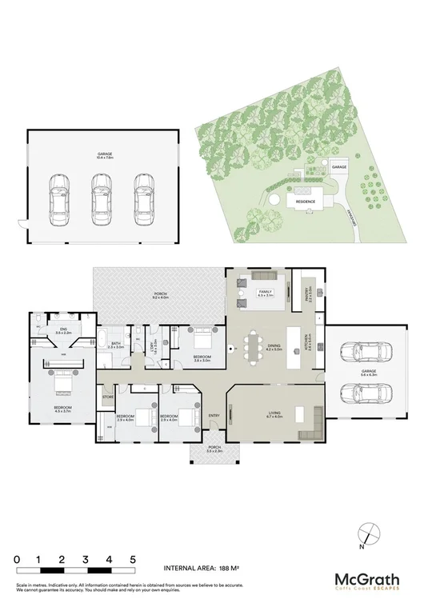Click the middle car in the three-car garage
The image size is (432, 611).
[x=101, y=197]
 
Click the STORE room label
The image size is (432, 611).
[x=107, y=395]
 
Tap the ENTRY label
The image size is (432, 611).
[x=214, y=416]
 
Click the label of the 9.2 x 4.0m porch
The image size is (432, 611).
[x=159, y=295]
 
